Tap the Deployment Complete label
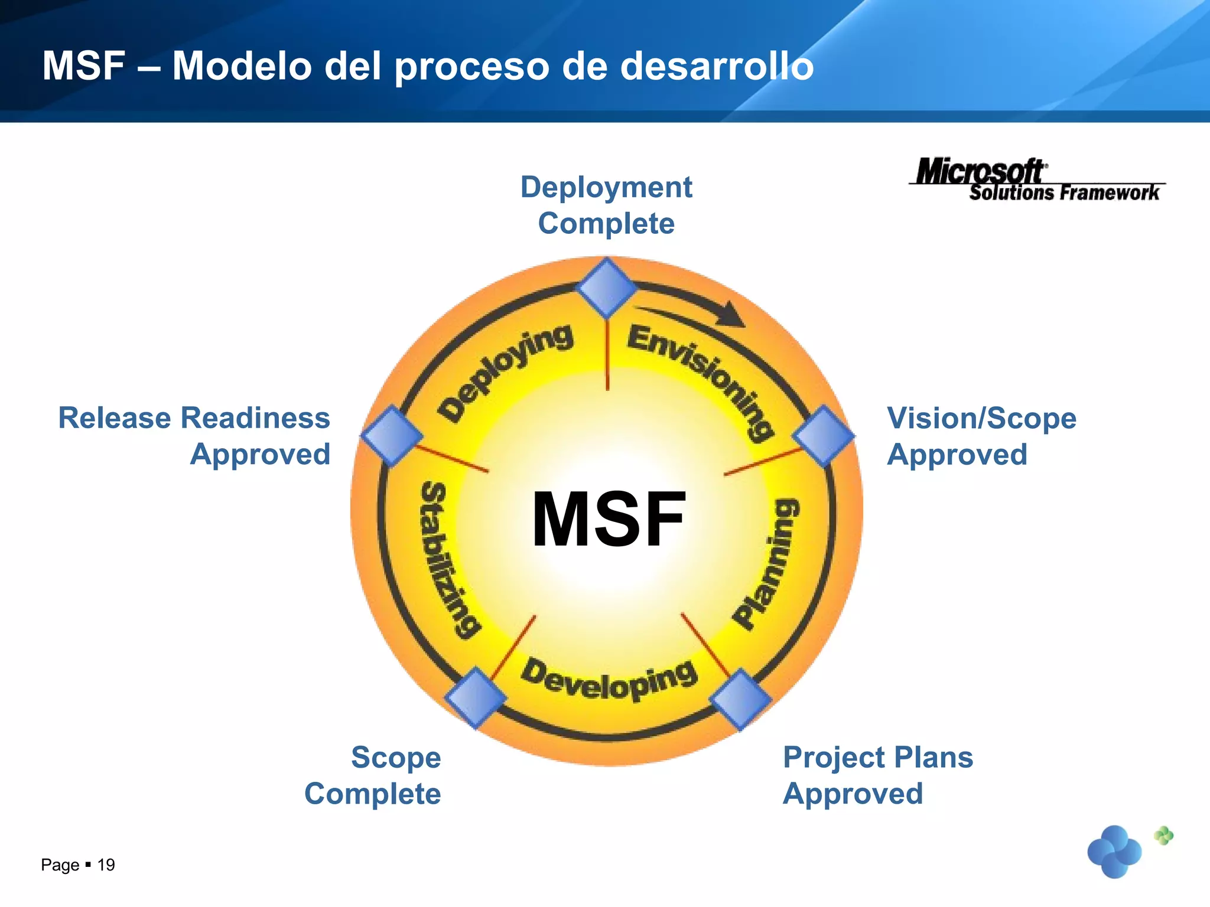click(606, 205)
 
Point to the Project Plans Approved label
click(877, 775)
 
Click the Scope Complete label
click(373, 775)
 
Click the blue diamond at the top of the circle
click(607, 288)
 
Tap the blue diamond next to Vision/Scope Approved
click(823, 436)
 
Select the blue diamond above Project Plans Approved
click(740, 699)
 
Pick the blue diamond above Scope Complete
click(476, 697)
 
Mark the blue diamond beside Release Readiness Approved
click(392, 436)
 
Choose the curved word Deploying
click(505, 371)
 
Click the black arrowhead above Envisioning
click(730, 315)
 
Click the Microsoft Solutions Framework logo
click(1037, 180)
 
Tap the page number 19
click(106, 865)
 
